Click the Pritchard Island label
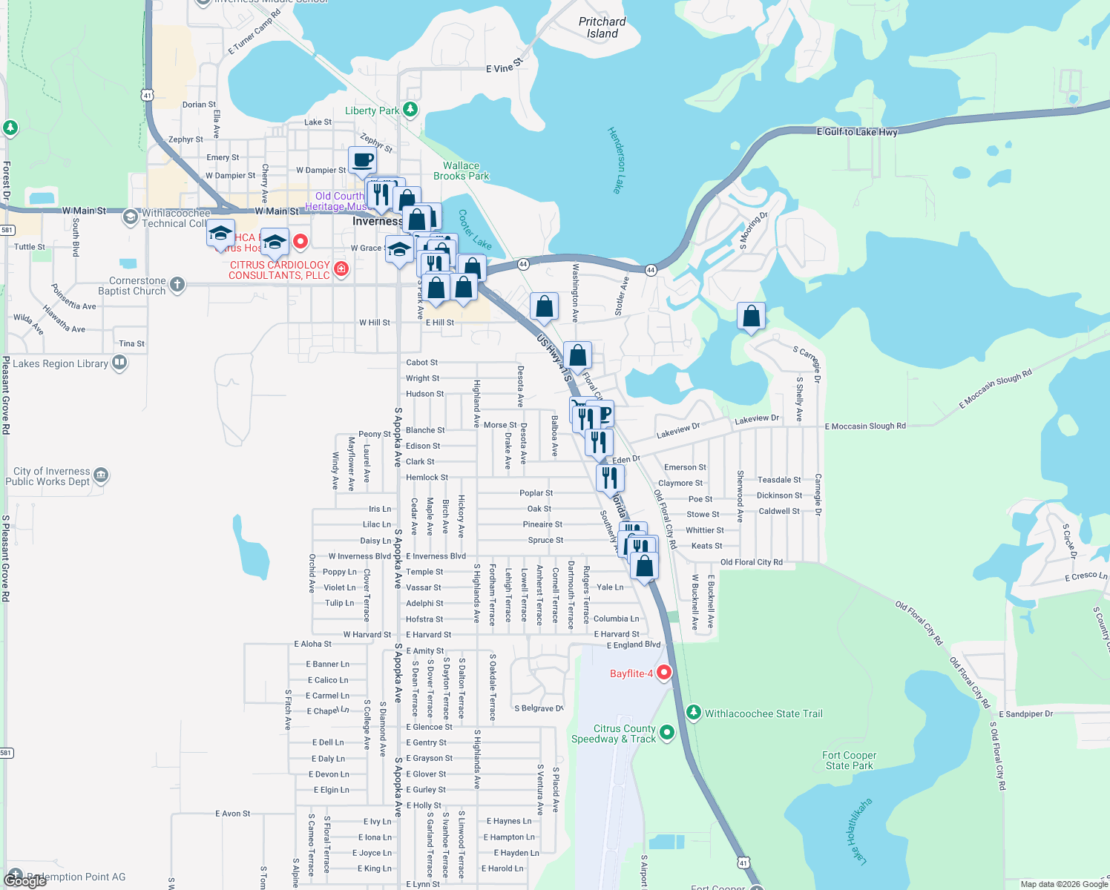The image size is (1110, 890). tap(602, 27)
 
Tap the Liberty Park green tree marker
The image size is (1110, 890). tap(410, 111)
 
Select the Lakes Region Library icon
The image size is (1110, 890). tap(119, 363)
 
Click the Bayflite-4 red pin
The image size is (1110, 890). tap(664, 673)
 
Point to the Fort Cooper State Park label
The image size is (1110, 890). tap(849, 760)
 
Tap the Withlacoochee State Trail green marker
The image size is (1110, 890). tap(694, 713)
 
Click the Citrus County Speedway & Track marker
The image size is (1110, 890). tap(667, 733)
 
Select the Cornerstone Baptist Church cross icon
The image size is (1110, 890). tap(177, 285)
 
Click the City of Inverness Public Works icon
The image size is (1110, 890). tap(101, 475)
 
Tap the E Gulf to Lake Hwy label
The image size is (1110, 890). tap(857, 132)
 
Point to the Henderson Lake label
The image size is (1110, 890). tap(616, 160)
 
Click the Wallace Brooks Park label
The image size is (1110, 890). tap(461, 171)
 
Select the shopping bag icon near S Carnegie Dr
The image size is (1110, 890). tap(751, 316)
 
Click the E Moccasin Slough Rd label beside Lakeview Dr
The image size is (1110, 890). tap(865, 426)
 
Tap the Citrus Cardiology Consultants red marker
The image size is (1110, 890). tap(341, 268)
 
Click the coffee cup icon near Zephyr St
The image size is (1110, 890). tap(362, 159)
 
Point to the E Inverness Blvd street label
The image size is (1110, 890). tap(436, 556)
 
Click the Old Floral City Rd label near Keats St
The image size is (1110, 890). tap(751, 562)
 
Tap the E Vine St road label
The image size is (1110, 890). tap(504, 67)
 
